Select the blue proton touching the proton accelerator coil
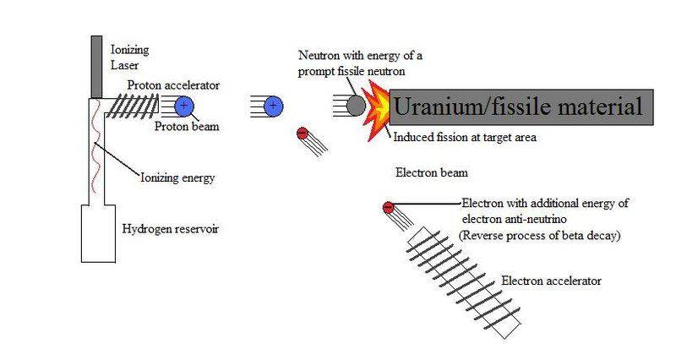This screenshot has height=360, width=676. click(185, 106)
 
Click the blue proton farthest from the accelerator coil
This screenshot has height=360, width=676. click(272, 106)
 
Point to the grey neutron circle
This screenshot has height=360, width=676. click(357, 106)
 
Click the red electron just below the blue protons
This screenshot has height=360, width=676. click(302, 133)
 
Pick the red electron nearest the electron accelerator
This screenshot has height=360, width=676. click(388, 206)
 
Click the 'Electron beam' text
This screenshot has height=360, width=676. click(432, 173)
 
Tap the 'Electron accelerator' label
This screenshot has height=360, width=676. click(553, 279)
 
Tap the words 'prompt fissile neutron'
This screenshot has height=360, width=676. click(352, 73)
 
